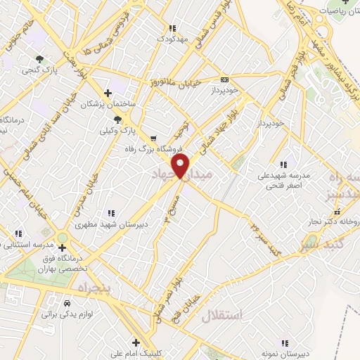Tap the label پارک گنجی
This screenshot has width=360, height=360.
[39, 70]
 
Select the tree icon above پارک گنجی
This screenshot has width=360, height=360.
[40, 59]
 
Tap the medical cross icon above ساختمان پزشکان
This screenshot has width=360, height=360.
[107, 93]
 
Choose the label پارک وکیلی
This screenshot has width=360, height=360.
[117, 130]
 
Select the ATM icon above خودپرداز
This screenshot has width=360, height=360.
[224, 80]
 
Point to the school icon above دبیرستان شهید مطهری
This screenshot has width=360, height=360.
[111, 212]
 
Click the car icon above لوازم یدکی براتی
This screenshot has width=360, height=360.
[67, 304]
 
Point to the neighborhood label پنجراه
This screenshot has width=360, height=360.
[84, 289]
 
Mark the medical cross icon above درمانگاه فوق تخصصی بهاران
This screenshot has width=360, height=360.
[63, 247]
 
